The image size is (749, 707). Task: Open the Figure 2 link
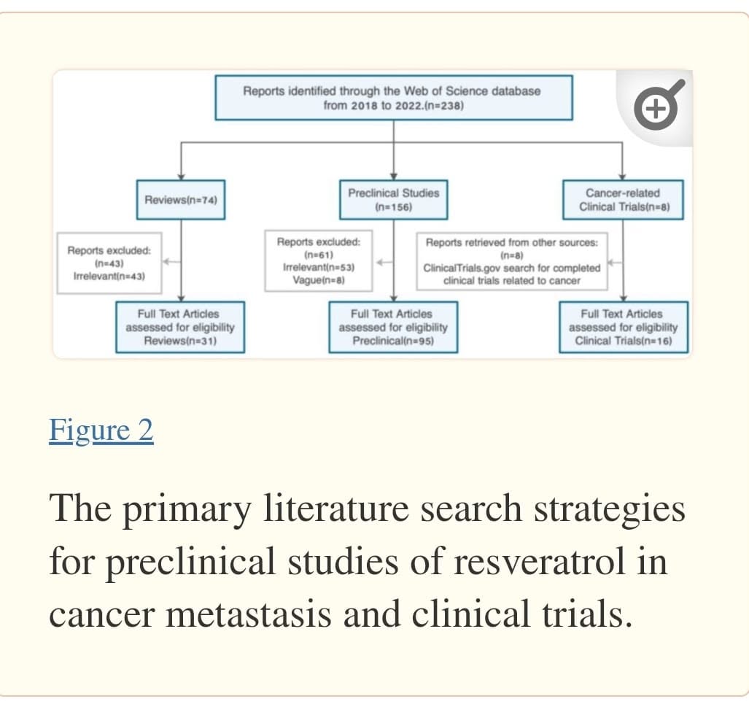point(101,430)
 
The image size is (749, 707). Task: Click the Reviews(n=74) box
point(181,200)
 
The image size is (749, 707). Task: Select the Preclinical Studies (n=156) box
point(394,200)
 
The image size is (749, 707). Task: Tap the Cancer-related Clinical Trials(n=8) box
point(623,200)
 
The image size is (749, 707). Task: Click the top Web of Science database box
point(394,98)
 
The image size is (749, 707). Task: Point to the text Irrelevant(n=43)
point(109,277)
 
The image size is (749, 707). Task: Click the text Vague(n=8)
point(319,280)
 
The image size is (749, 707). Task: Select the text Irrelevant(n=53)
point(319,267)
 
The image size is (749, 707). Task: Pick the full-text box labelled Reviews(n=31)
point(180,327)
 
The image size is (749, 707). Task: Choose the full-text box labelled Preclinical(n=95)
point(393,327)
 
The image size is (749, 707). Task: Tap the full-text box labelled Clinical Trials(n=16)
point(624,327)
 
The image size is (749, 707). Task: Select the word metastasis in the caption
point(249,614)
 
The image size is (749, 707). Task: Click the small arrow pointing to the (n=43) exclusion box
point(171,261)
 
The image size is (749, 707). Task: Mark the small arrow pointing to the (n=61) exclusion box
point(384,262)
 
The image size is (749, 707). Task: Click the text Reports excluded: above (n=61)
point(319,242)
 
